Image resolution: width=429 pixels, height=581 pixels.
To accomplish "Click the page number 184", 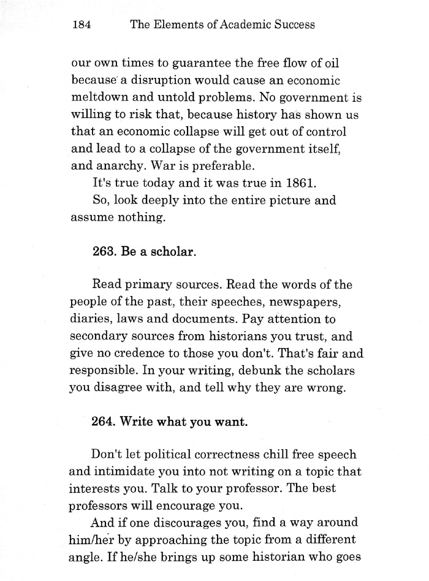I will point(81,25).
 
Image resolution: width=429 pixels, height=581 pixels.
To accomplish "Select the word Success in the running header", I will point(294,25).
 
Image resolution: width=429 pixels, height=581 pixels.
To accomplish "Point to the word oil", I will point(332,63).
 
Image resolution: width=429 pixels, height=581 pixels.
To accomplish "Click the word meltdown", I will point(101,97).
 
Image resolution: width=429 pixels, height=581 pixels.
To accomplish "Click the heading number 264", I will point(104,422).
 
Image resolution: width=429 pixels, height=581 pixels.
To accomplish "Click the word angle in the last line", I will point(88,558).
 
